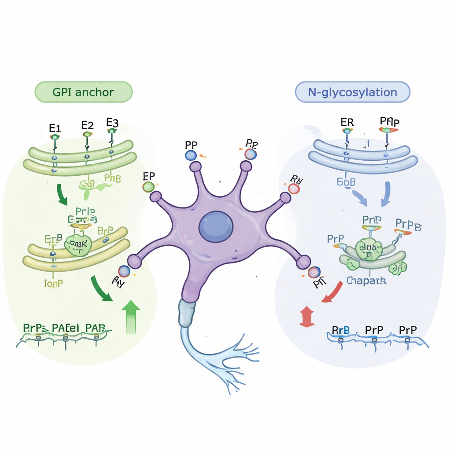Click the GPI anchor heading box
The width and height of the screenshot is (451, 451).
[x=83, y=92]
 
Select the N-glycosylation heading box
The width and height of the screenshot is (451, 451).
[x=352, y=92]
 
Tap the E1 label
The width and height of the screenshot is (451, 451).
[x=55, y=129]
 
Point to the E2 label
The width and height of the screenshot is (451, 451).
[x=88, y=125]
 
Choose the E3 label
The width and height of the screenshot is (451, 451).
[x=112, y=122]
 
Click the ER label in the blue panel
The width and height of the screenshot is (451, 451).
[x=347, y=122]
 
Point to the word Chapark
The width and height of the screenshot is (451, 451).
[x=366, y=281]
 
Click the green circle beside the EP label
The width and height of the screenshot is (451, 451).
[x=149, y=187]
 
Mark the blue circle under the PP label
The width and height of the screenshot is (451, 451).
[x=190, y=155]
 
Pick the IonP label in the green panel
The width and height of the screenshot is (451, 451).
[x=54, y=283]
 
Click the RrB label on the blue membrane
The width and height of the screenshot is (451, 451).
[x=340, y=330]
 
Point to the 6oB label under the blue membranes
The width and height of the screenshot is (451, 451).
[x=346, y=181]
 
